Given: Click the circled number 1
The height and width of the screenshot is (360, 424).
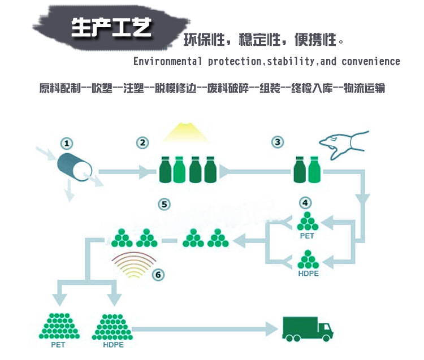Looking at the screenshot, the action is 67,144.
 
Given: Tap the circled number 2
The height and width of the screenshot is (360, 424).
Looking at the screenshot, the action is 142,142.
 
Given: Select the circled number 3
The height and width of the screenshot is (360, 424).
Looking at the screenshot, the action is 278,142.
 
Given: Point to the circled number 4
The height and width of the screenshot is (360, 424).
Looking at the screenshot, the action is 305,203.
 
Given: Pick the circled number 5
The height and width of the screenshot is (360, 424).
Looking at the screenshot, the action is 164,205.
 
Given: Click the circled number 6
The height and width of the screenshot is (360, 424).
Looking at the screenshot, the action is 158,275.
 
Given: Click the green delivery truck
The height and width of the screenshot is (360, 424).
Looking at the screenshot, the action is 308,329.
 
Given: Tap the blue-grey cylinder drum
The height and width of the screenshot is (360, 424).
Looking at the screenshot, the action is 75,167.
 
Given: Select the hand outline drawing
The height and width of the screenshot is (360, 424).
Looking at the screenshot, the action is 343,145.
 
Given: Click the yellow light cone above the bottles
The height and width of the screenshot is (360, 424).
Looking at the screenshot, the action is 186,132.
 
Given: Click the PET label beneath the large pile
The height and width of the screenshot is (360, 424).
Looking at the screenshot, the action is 58,345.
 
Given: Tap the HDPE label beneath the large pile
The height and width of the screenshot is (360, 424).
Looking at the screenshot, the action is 113,345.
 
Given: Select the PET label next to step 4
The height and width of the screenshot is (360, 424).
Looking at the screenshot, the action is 307,236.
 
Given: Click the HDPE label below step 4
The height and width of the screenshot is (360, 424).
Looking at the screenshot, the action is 308,274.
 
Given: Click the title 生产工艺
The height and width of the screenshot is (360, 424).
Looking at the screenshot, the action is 111,28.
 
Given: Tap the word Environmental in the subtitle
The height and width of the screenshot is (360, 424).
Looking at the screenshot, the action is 168,62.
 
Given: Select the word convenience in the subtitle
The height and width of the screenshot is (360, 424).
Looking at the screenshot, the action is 371,62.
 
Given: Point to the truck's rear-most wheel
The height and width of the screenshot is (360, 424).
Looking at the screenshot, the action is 289,338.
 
